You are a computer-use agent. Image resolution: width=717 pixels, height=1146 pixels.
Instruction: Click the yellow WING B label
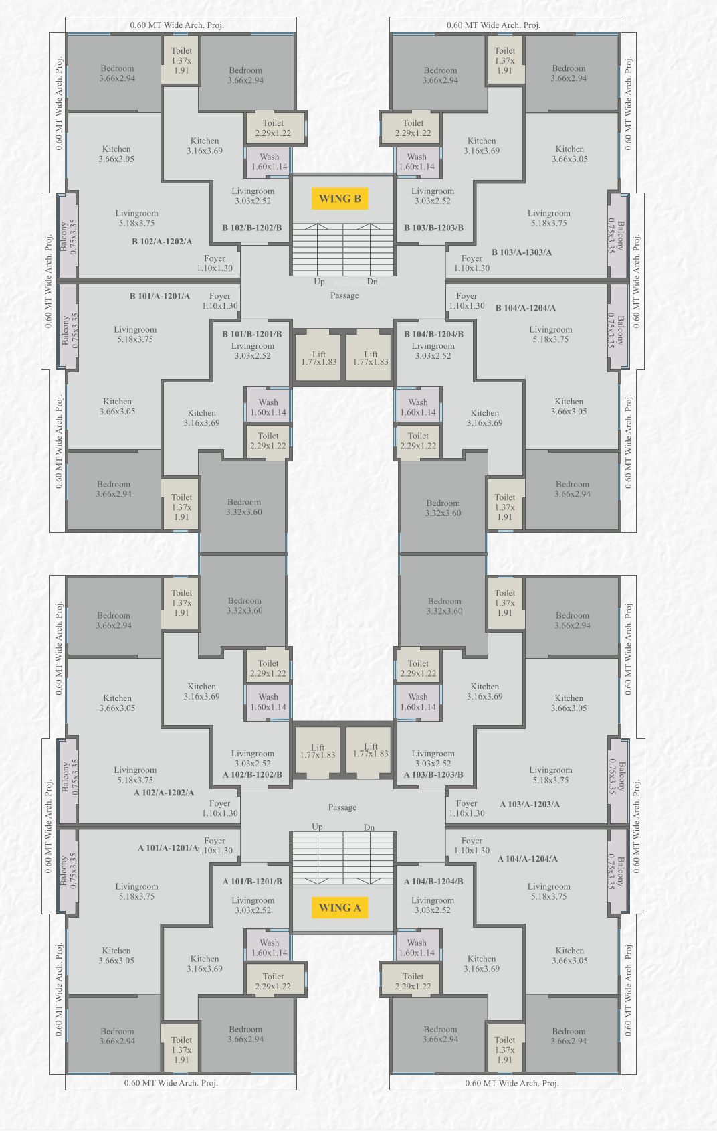340,199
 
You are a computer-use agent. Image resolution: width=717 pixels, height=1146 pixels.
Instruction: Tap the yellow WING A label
340,908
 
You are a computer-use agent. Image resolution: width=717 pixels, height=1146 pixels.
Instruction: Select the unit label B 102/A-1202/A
162,242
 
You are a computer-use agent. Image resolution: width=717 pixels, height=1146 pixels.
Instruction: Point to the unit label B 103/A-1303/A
522,252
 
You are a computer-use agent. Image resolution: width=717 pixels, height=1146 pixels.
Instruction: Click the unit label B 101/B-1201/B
252,334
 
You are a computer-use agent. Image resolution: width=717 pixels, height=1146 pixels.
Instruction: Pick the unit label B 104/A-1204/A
526,308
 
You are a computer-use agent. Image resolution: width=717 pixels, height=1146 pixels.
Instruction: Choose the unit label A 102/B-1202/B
252,774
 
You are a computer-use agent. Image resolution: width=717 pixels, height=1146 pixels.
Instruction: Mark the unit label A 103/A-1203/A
530,804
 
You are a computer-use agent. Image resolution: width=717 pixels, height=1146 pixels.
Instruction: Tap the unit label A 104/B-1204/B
433,881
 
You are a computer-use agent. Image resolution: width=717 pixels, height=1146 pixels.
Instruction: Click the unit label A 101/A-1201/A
168,848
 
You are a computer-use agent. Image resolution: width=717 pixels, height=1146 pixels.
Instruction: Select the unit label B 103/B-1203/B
434,228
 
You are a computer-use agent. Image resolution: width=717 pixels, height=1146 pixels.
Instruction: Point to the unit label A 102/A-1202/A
164,793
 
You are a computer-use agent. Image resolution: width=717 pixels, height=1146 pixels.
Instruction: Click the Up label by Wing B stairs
320,282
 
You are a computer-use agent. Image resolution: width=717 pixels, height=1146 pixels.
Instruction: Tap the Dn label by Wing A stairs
369,827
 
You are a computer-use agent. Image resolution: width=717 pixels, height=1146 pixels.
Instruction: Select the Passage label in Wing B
344,295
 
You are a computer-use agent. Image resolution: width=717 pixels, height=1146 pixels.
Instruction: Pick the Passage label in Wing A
342,807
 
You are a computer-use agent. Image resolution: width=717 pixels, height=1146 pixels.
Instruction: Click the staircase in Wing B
343,249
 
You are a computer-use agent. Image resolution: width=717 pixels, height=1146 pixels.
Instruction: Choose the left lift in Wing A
317,751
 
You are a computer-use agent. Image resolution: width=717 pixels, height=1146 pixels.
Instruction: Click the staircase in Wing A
343,858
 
